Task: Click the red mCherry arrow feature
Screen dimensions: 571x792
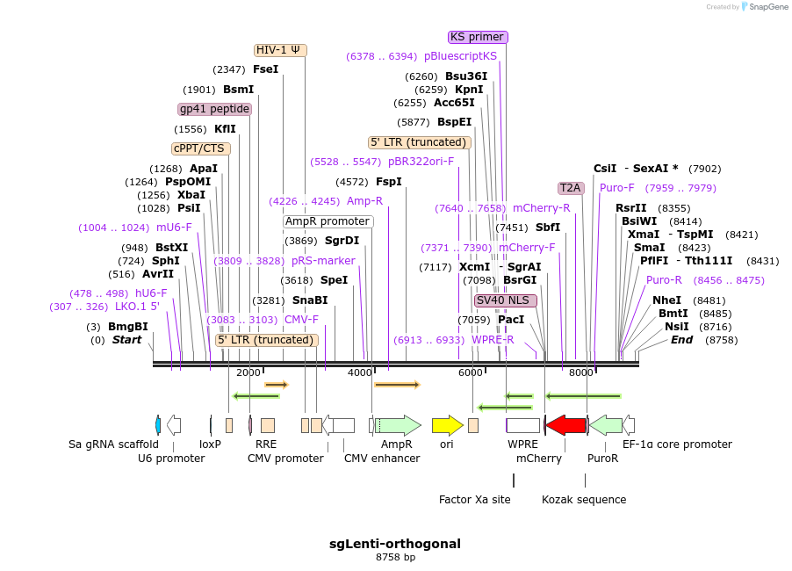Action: [x=565, y=426]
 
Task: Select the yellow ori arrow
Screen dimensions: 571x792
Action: [x=447, y=426]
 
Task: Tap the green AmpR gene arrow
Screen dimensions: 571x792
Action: [x=398, y=426]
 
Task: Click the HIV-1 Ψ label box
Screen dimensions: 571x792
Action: [x=281, y=50]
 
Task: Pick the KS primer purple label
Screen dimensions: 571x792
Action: [x=478, y=37]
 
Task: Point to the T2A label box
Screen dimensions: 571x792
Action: [x=571, y=188]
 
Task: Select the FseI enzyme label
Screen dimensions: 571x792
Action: [x=265, y=69]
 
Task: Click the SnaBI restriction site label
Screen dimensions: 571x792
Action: [x=310, y=300]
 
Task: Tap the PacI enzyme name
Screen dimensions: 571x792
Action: [x=511, y=320]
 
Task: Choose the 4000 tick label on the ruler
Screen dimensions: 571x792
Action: [x=360, y=372]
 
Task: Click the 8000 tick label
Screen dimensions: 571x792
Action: [x=581, y=372]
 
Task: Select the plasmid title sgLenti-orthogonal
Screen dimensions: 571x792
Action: [x=395, y=544]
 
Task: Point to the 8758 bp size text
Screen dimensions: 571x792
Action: [x=395, y=558]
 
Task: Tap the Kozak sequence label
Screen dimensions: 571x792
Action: [x=584, y=500]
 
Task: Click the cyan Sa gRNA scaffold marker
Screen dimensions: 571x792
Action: [x=157, y=425]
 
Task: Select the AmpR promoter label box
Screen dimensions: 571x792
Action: [x=328, y=221]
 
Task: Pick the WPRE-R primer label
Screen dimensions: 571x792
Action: [x=493, y=339]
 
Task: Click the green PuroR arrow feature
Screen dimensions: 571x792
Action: [x=605, y=426]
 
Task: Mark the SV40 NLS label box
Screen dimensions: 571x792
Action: [x=505, y=300]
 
